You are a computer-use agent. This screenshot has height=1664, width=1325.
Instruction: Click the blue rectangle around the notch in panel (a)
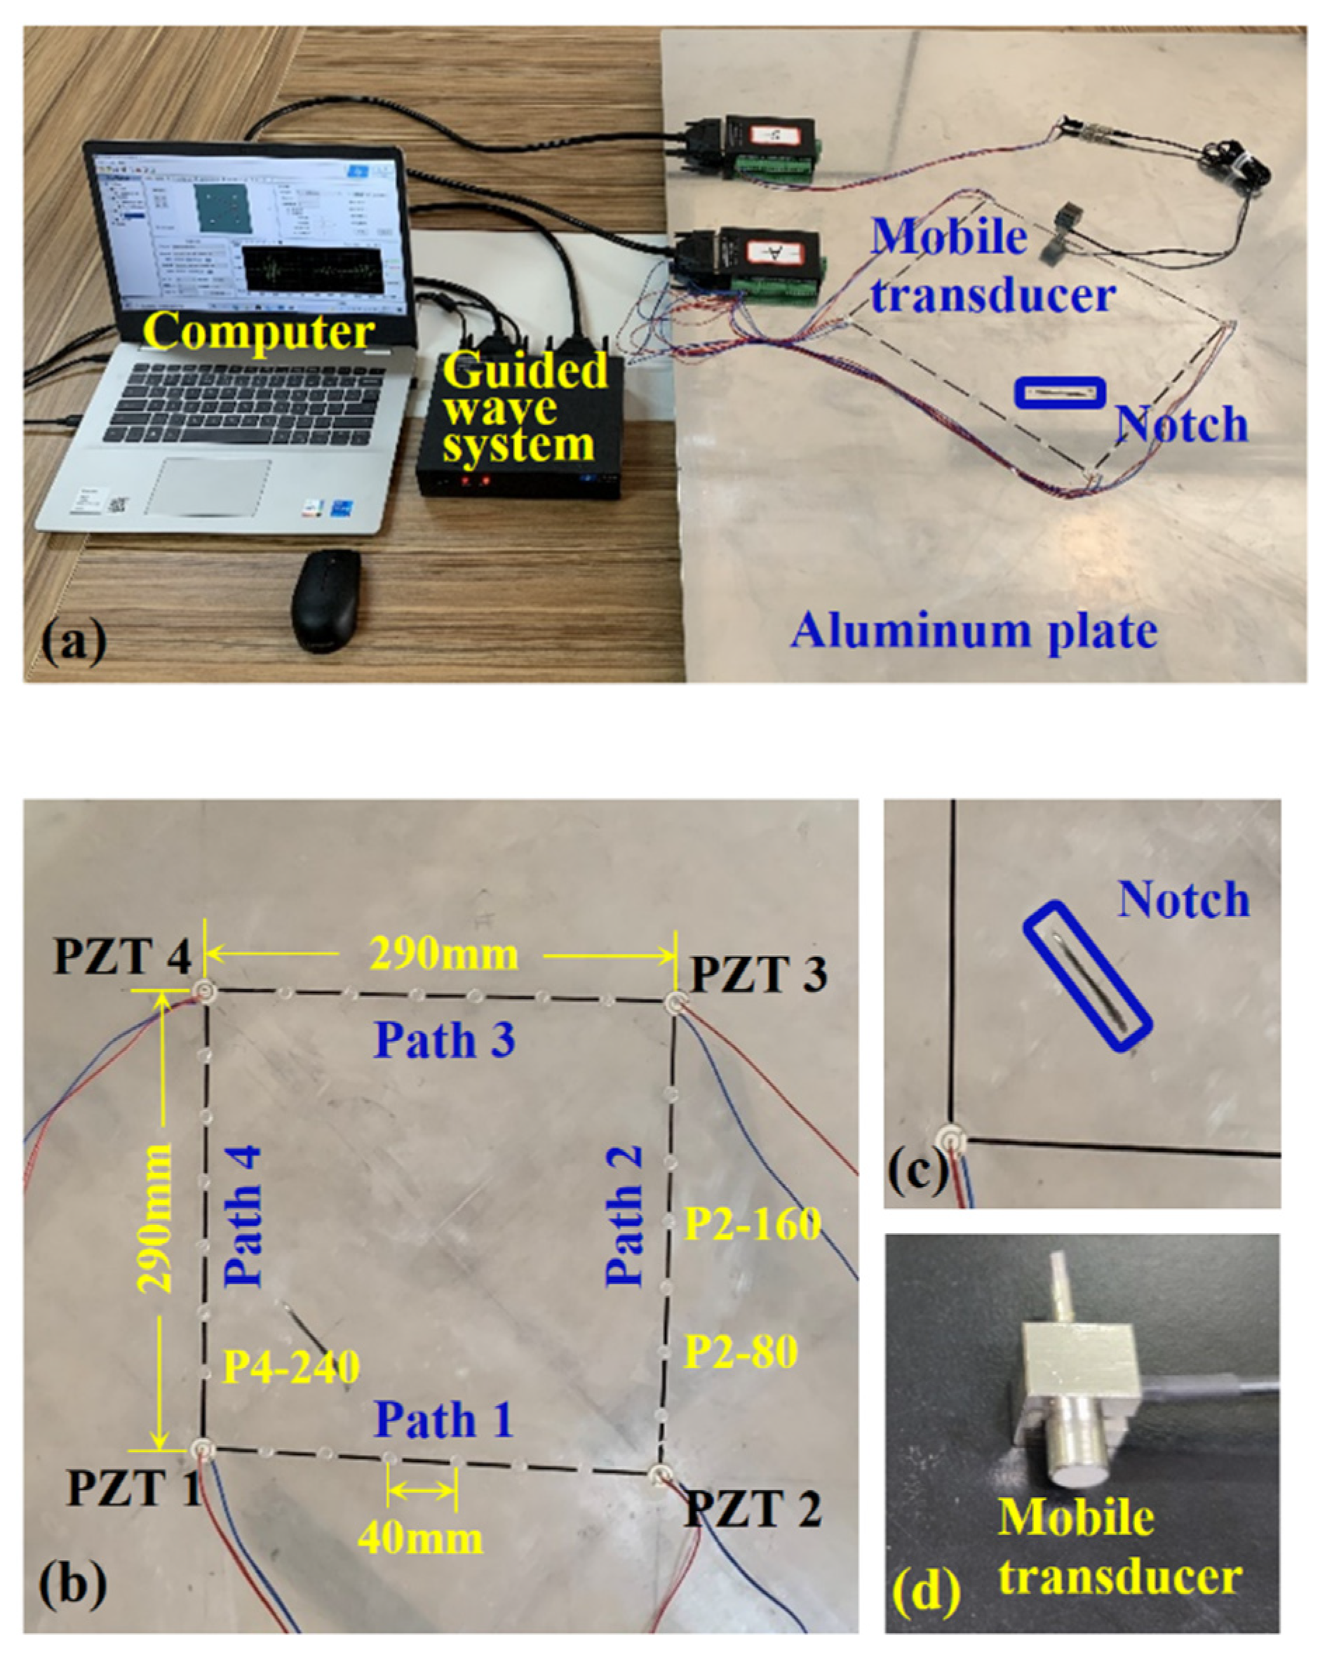click(x=1061, y=393)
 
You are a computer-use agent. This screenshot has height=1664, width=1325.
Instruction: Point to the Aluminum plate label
click(x=974, y=631)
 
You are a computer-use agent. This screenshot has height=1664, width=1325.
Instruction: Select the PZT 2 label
click(x=753, y=1509)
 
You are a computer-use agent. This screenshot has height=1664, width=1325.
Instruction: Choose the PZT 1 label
click(x=133, y=1488)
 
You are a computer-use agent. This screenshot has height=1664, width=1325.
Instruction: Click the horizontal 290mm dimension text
click(x=443, y=955)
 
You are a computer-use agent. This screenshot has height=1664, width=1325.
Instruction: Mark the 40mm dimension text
click(x=421, y=1538)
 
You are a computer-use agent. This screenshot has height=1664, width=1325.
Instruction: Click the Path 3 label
click(x=445, y=1040)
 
